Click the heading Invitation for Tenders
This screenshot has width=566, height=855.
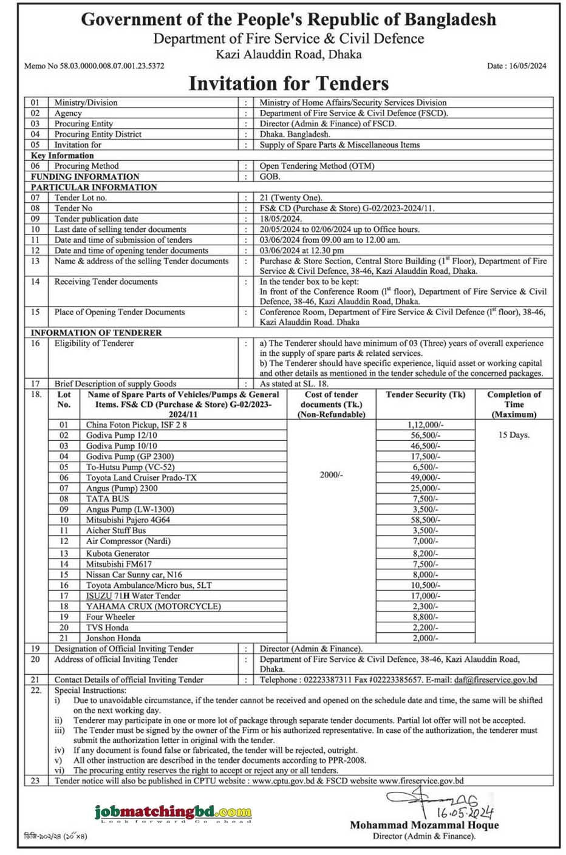tap(288, 83)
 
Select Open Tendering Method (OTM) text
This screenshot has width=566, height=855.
tap(316, 166)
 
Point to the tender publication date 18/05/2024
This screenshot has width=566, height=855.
tap(281, 219)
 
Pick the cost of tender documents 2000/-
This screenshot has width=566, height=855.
tap(331, 474)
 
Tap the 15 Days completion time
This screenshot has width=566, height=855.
tap(514, 435)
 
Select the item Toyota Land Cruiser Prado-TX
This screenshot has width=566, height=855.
tap(141, 477)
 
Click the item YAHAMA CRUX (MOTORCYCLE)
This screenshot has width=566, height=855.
tap(153, 606)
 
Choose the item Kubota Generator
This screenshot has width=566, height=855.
tap(117, 553)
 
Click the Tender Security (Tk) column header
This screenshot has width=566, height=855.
tap(425, 395)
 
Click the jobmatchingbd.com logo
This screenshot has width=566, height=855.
tap(173, 811)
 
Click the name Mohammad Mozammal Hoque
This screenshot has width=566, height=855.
tap(424, 825)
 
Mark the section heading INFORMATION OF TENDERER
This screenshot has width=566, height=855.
tap(96, 333)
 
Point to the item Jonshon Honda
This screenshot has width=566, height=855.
tap(113, 638)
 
